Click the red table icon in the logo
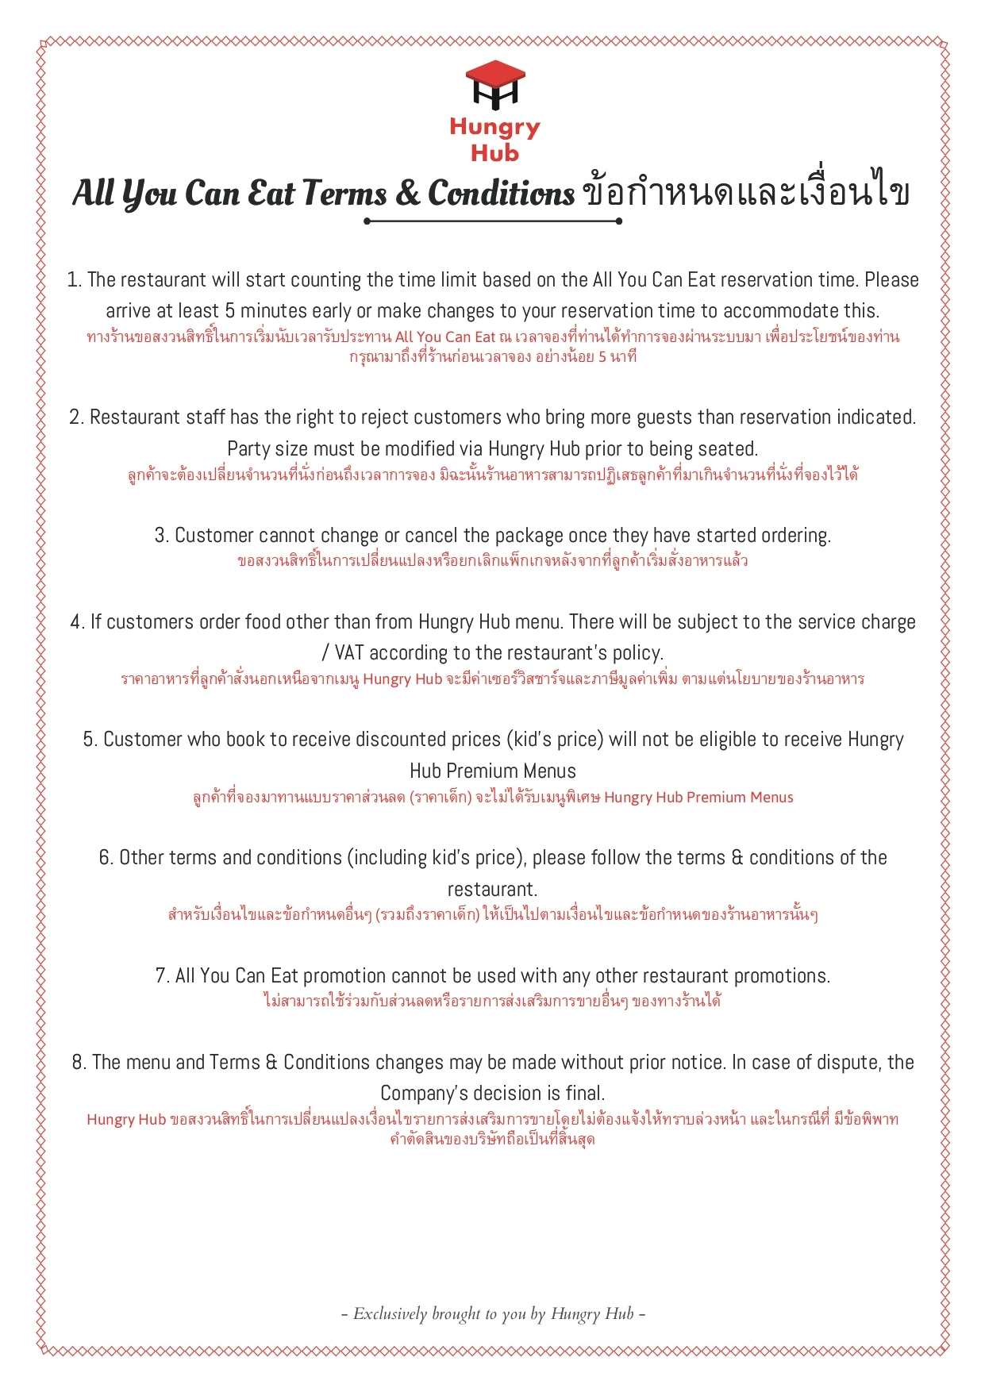click(x=494, y=83)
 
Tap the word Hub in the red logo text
click(x=494, y=152)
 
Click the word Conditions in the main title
click(x=501, y=193)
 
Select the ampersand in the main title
click(x=406, y=193)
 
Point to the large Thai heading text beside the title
click(x=745, y=193)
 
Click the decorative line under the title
click(x=492, y=221)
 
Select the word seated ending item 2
click(x=727, y=449)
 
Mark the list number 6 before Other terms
click(x=105, y=858)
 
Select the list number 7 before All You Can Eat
click(x=161, y=976)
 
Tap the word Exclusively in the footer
click(x=390, y=1314)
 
